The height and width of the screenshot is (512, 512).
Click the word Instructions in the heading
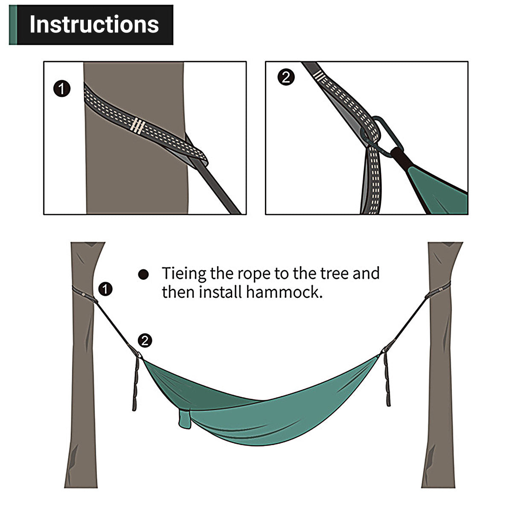(94, 25)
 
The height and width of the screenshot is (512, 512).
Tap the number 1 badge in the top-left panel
(62, 89)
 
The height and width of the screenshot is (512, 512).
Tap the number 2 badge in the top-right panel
(286, 78)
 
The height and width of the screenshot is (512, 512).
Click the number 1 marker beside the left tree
(105, 289)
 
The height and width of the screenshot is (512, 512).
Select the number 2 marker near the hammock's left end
(145, 340)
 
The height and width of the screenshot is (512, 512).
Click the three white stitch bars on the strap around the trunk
(137, 125)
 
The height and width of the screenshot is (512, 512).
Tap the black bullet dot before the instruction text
(144, 275)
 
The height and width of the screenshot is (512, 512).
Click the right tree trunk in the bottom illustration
(437, 384)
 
